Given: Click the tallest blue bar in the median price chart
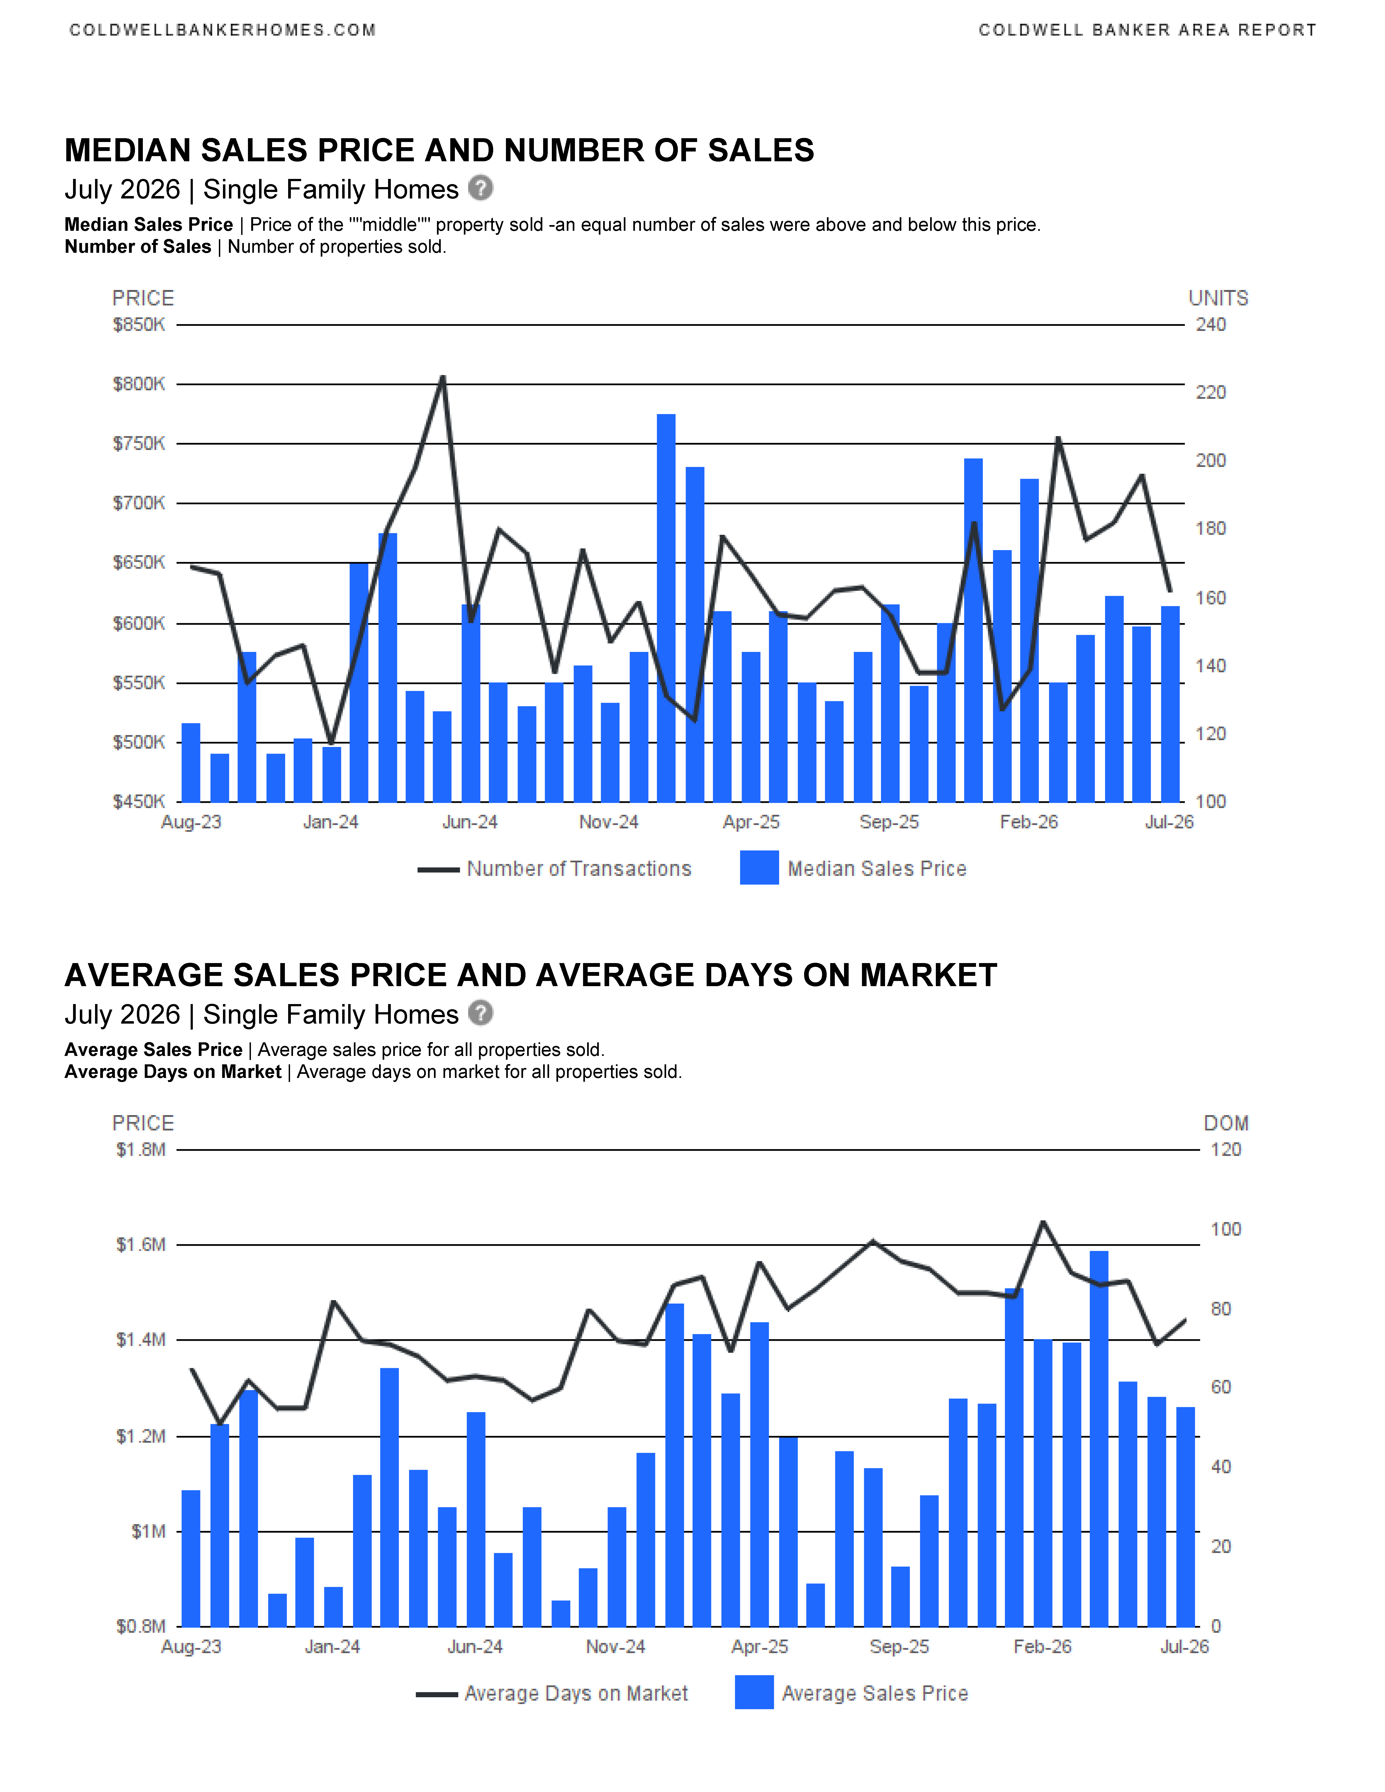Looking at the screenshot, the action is (x=666, y=608).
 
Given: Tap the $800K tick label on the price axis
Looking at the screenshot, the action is (x=139, y=384).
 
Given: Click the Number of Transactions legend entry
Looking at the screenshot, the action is (x=555, y=869).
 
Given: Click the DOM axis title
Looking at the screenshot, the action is (x=1226, y=1123).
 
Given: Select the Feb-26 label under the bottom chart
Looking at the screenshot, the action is (x=1042, y=1647).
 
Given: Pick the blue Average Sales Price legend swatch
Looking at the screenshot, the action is (x=754, y=1692).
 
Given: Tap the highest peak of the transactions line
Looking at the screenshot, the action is (x=443, y=377).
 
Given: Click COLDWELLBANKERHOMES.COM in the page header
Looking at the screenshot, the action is (x=222, y=30).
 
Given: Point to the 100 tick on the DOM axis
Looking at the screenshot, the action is (x=1226, y=1229).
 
